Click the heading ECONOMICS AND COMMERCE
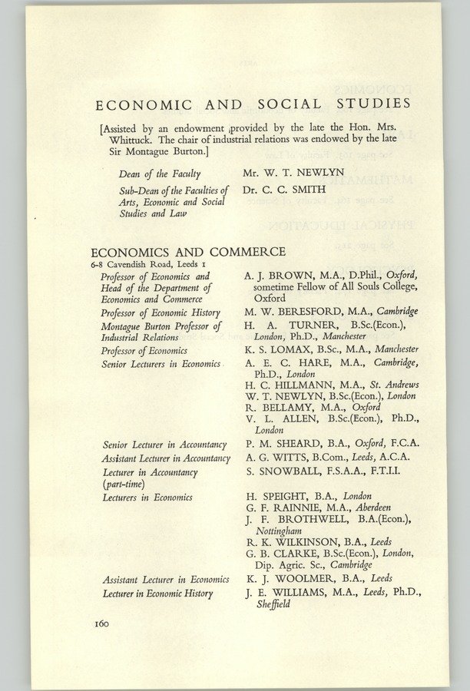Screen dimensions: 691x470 tap(188, 252)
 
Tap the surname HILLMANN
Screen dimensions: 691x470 tap(299, 384)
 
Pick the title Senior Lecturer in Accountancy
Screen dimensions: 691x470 tap(164, 445)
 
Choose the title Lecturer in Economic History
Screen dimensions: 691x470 tap(157, 593)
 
